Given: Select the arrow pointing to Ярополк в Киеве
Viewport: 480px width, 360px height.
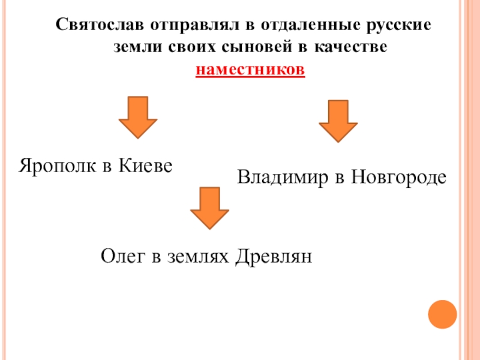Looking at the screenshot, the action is click(x=138, y=118).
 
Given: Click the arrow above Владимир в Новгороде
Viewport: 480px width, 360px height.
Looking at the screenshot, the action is click(x=338, y=121).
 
